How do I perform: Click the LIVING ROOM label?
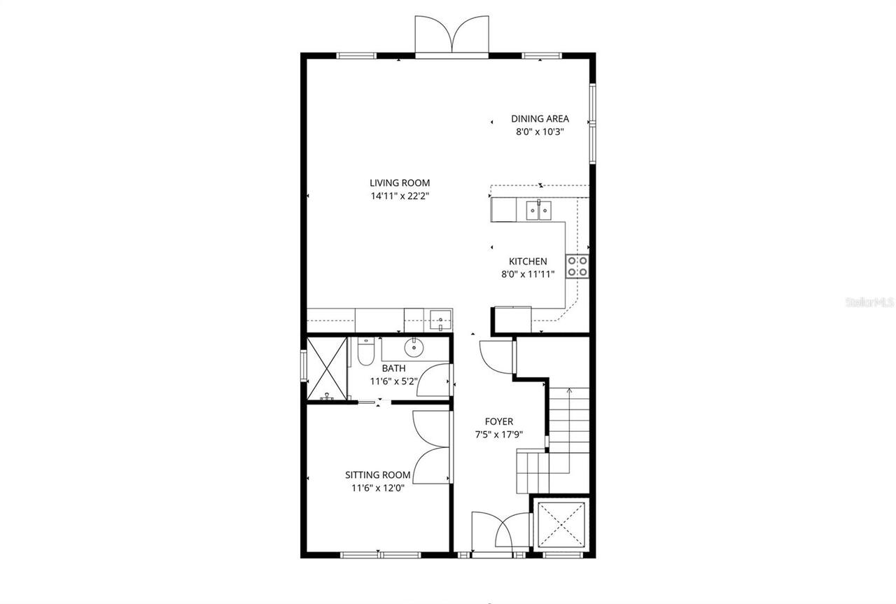tap(399, 183)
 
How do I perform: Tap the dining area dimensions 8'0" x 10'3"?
tap(539, 132)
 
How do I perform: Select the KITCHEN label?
tap(528, 262)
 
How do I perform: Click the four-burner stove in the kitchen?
tap(577, 267)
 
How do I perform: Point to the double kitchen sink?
tap(538, 209)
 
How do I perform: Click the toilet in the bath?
tap(365, 353)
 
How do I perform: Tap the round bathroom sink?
tap(414, 346)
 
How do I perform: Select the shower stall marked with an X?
tap(327, 369)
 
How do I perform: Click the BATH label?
tap(393, 368)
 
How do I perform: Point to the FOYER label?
tap(499, 421)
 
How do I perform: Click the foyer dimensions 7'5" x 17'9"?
tap(499, 435)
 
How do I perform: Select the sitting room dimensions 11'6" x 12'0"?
tap(377, 488)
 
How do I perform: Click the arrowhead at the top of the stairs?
tap(569, 392)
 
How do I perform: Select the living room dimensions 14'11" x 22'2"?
tap(399, 197)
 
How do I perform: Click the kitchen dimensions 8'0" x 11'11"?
tap(528, 275)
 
